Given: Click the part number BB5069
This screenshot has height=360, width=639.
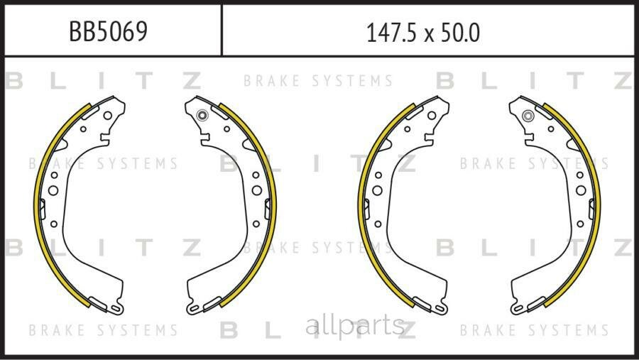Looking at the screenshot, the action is click(x=108, y=31).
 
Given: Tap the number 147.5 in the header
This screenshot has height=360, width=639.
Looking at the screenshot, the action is click(x=391, y=33).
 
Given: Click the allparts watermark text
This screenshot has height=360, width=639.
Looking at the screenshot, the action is click(x=355, y=326).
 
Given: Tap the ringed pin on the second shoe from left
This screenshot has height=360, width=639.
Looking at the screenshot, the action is click(x=202, y=115).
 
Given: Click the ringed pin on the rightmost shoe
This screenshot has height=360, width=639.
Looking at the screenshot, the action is click(x=528, y=116).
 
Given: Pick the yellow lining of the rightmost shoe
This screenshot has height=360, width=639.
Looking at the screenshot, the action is click(x=599, y=204).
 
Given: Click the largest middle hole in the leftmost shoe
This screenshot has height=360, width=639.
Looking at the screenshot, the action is click(x=53, y=190).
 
